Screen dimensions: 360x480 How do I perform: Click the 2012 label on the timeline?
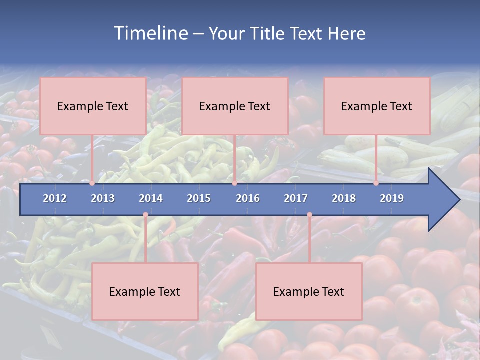[x=55, y=198]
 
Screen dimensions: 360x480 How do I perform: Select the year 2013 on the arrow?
[x=103, y=198]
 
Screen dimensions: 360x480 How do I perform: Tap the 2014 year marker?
[x=151, y=198]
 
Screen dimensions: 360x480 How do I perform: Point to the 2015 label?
[x=199, y=198]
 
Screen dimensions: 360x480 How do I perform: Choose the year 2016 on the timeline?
[x=248, y=198]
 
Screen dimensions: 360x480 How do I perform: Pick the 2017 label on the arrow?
[x=296, y=198]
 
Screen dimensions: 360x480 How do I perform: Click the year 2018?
[x=344, y=198]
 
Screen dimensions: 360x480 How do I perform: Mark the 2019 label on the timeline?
[x=392, y=198]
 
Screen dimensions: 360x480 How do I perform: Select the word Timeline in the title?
[x=150, y=33]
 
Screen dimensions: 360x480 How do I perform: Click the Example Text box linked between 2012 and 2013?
[x=93, y=106]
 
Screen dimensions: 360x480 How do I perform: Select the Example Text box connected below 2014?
[x=145, y=291]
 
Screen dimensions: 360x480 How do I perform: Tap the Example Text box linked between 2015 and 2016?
[x=235, y=106]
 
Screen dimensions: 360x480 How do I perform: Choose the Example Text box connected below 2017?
[x=309, y=291]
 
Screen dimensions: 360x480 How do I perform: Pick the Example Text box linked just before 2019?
[x=377, y=106]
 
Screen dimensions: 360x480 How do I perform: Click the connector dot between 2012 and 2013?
[x=92, y=183]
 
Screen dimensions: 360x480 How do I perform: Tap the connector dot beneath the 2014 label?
[x=145, y=215]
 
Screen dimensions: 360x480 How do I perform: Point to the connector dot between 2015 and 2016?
[x=234, y=183]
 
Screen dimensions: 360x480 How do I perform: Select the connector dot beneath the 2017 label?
[x=309, y=215]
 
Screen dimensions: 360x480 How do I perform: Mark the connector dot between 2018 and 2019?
[x=376, y=183]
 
